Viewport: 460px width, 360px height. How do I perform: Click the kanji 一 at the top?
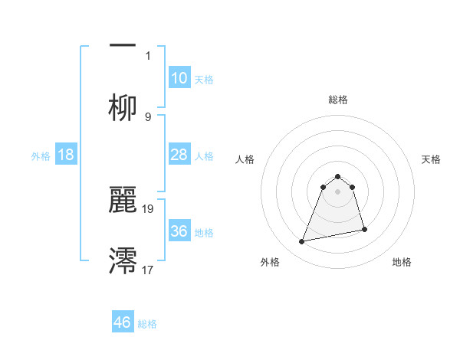coord(123,45)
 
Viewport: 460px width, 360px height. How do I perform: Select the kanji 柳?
coord(123,107)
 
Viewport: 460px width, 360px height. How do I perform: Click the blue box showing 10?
coord(179,78)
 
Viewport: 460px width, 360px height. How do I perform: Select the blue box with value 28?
coord(179,155)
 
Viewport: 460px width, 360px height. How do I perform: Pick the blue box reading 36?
coord(179,231)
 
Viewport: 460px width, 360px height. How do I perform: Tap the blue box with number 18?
coord(66,155)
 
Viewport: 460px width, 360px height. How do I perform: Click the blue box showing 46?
coord(123,322)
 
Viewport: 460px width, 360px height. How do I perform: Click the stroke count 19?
coord(149,208)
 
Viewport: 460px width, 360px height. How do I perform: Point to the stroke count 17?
coord(149,269)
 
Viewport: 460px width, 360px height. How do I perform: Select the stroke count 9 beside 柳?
coord(148,116)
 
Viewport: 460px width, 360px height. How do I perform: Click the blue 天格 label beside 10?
coord(204,80)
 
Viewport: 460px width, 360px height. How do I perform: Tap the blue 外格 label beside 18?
coord(41,156)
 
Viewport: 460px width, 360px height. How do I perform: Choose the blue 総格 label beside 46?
coord(147,324)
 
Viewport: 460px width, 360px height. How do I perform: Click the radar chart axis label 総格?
coord(338,100)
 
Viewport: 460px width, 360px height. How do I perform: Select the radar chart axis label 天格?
coord(432,159)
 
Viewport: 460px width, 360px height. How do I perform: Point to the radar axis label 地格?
coord(402,262)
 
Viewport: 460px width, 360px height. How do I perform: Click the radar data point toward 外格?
coord(302,242)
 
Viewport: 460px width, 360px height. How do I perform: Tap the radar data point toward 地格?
coord(364,229)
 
